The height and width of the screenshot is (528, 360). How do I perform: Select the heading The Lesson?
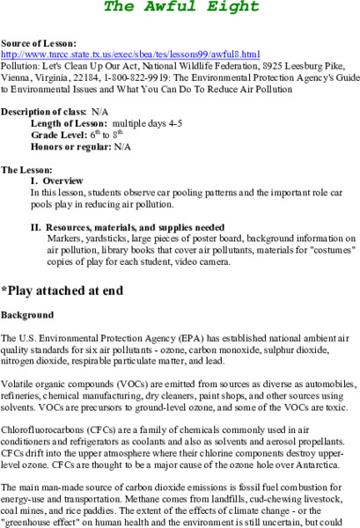point(26,169)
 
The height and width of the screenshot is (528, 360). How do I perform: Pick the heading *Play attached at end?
point(62,290)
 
